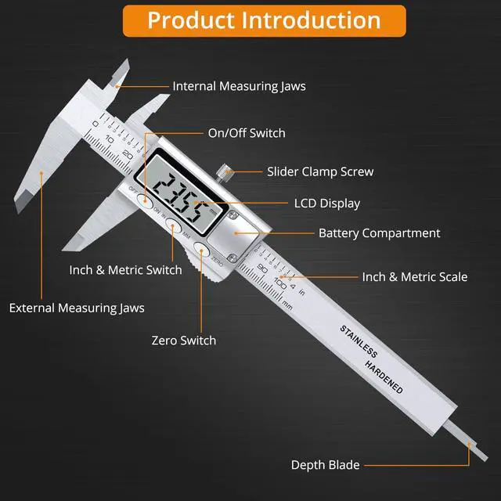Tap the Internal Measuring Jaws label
pyautogui.click(x=239, y=86)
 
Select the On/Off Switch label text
pyautogui.click(x=247, y=133)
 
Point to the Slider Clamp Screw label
pyautogui.click(x=320, y=171)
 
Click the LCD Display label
pyautogui.click(x=326, y=204)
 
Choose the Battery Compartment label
pyautogui.click(x=379, y=233)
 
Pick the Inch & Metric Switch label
pyautogui.click(x=125, y=270)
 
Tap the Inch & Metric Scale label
pyautogui.click(x=414, y=276)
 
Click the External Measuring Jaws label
pyautogui.click(x=77, y=308)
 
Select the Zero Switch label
pyautogui.click(x=183, y=341)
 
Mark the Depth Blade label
pyautogui.click(x=326, y=465)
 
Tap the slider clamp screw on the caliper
pyautogui.click(x=225, y=170)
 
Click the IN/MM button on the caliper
pyautogui.click(x=173, y=228)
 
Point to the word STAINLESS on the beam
pyautogui.click(x=358, y=339)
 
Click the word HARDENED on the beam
pyautogui.click(x=384, y=375)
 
